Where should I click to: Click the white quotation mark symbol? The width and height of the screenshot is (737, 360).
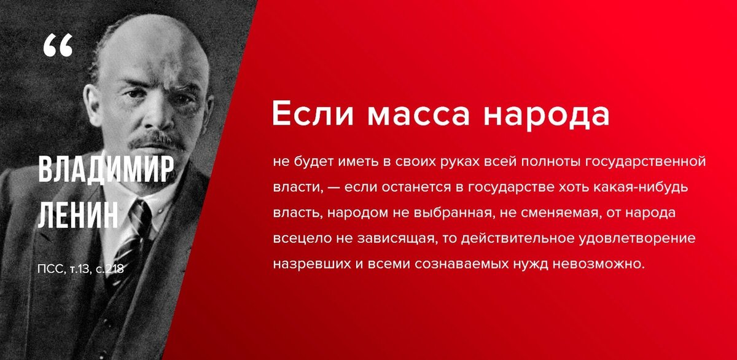58,45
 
